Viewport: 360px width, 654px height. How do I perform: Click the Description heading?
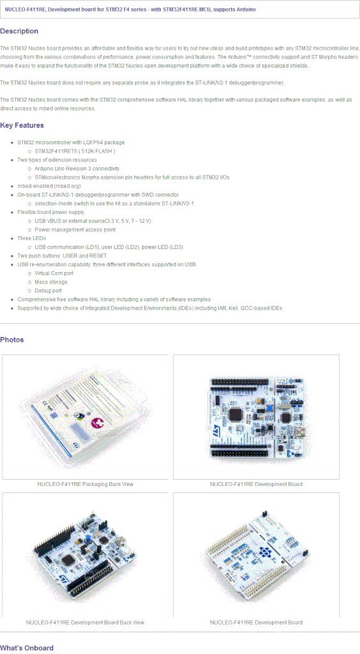[x=19, y=31]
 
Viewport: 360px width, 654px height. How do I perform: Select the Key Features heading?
[x=22, y=125]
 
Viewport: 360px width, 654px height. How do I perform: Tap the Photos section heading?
[x=12, y=339]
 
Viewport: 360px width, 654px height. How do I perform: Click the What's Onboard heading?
[x=27, y=648]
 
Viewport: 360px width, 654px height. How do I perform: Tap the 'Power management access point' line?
[x=75, y=229]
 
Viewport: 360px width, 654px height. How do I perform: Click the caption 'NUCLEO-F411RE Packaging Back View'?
[x=85, y=484]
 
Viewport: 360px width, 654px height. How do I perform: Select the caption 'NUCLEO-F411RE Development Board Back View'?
[x=85, y=622]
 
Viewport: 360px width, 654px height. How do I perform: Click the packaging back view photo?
[x=85, y=416]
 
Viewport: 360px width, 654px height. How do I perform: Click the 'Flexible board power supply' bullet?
[x=50, y=212]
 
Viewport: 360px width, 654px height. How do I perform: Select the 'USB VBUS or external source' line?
[x=93, y=220]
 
